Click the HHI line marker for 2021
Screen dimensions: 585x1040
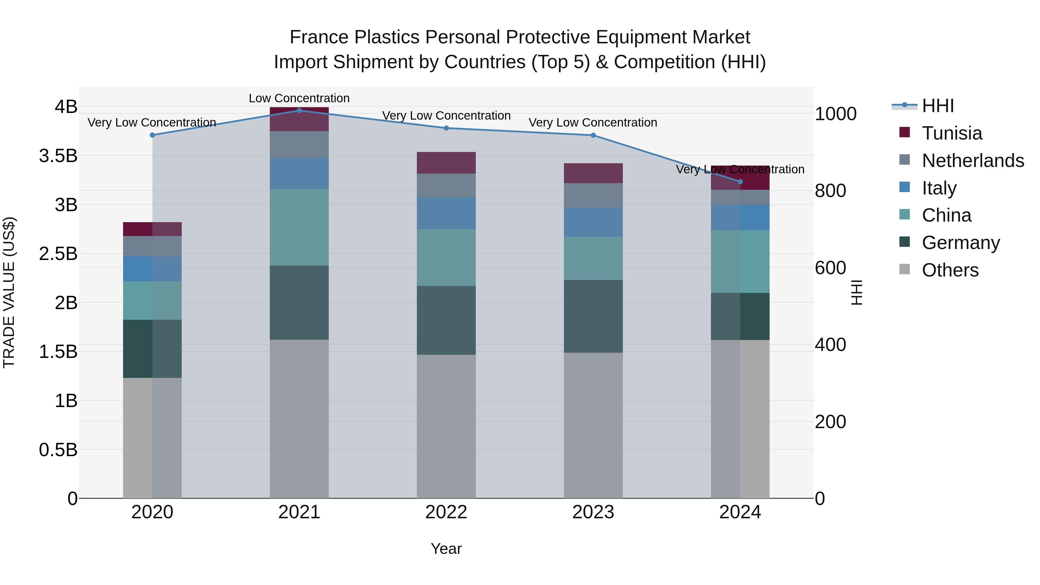[x=299, y=110]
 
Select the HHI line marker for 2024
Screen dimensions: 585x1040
[x=740, y=182]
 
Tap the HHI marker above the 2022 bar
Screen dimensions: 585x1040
[x=446, y=128]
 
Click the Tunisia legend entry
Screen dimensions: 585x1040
[x=952, y=133]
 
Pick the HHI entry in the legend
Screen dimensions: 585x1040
[x=937, y=106]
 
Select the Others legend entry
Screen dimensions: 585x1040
[x=950, y=270]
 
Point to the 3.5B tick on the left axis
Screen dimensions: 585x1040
[x=58, y=156]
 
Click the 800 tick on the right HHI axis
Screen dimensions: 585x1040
[x=830, y=191]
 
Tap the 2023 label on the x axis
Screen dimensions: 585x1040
[x=593, y=512]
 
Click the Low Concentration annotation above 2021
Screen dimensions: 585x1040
[x=299, y=98]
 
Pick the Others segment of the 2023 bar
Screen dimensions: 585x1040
[x=593, y=425]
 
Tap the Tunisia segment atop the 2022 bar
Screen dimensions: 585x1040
[x=446, y=163]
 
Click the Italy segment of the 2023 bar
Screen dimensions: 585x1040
[x=593, y=222]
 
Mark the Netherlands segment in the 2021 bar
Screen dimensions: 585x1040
[x=299, y=144]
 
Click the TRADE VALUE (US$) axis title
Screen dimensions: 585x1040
[x=9, y=292]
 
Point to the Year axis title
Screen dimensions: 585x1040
[x=446, y=549]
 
